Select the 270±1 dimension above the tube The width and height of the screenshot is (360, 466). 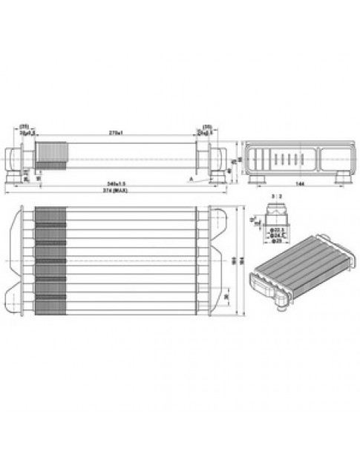point(116,132)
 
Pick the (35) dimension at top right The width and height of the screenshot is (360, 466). point(207,125)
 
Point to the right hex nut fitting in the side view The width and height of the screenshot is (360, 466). point(212,158)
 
